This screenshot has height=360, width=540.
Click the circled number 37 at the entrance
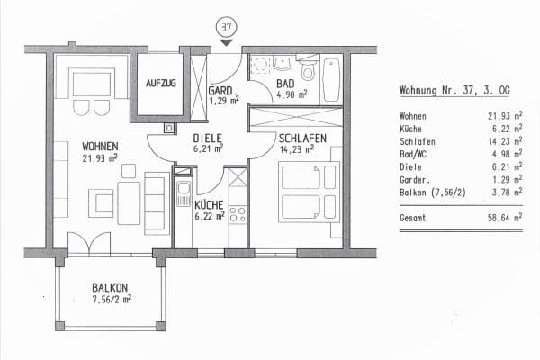pos(225,25)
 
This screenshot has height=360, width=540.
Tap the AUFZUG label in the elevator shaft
pos(161,84)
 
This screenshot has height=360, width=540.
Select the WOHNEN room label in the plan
pos(100,147)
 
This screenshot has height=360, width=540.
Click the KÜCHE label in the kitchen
pos(209,205)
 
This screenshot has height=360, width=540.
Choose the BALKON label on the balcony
pos(110,288)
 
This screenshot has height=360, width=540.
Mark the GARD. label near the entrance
pos(220,91)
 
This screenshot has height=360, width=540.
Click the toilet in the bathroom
pos(309,69)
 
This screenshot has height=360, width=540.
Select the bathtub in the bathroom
pos(331,79)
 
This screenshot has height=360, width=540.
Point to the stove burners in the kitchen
pos(238,214)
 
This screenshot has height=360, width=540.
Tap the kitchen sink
pos(183,193)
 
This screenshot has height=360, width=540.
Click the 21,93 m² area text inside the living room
pos(100,159)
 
